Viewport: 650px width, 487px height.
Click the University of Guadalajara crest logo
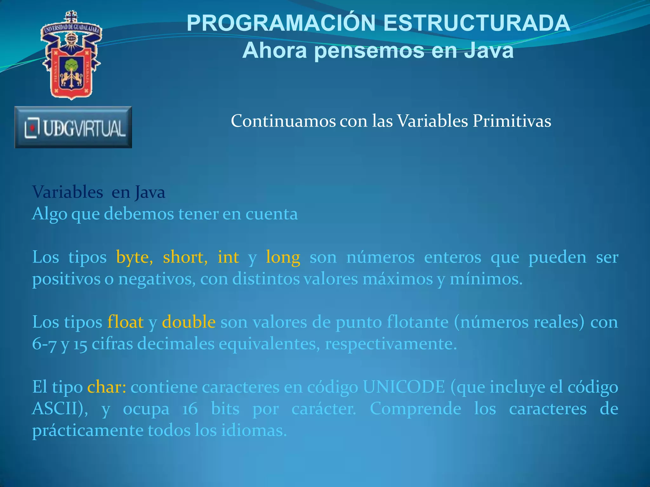point(71,55)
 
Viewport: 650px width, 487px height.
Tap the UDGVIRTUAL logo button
point(73,127)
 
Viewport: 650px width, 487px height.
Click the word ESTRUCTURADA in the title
point(477,23)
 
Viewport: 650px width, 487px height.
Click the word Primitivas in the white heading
point(512,121)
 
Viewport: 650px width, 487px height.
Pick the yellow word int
point(228,257)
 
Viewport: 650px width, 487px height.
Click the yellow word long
point(283,257)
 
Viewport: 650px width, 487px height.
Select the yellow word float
point(125,322)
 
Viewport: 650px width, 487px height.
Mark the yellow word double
point(189,322)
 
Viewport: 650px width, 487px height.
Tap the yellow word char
point(106,387)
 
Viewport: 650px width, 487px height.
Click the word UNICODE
point(404,387)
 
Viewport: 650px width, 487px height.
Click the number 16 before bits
point(190,409)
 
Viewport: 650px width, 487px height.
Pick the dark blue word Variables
point(68,192)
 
